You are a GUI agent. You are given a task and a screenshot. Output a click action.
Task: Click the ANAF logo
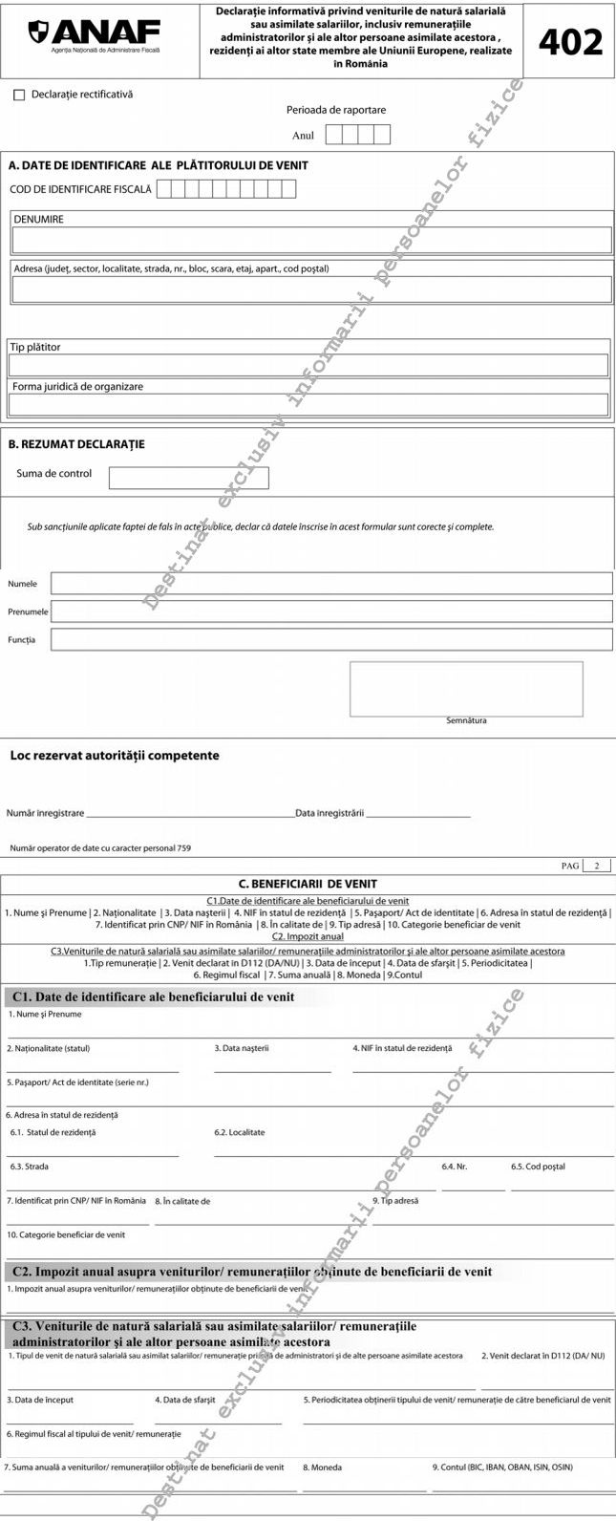[94, 36]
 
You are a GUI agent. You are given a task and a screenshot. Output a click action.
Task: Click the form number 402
[570, 41]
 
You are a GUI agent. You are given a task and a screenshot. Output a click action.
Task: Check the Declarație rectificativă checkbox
[19, 96]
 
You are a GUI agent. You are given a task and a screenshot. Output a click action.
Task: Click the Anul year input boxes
[357, 135]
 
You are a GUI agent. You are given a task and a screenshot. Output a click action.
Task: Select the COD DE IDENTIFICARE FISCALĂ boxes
[226, 189]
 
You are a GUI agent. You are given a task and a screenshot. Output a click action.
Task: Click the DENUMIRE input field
[311, 239]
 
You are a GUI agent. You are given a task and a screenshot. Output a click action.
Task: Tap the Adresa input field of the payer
[311, 289]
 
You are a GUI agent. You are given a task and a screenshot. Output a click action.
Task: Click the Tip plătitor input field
[308, 365]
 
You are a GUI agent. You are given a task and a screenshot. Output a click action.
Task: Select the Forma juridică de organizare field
[308, 404]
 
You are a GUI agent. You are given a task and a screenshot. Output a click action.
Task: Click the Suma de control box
[188, 478]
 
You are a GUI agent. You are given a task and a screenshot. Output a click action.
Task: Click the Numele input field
[331, 584]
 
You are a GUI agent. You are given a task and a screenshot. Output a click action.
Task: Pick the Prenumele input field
[331, 611]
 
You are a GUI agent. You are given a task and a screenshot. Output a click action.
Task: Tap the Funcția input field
[331, 639]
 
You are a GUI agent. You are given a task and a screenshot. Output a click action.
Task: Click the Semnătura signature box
[465, 688]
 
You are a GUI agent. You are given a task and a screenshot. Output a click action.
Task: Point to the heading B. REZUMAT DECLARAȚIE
[76, 444]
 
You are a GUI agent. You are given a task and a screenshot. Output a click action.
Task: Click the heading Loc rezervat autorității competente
[115, 756]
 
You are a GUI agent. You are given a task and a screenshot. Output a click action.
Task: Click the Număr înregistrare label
[45, 813]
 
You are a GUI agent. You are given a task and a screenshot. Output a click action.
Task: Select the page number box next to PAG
[596, 866]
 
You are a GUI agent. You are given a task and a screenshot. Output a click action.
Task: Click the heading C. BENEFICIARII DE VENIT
[308, 884]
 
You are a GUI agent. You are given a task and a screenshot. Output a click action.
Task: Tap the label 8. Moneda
[322, 1467]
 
